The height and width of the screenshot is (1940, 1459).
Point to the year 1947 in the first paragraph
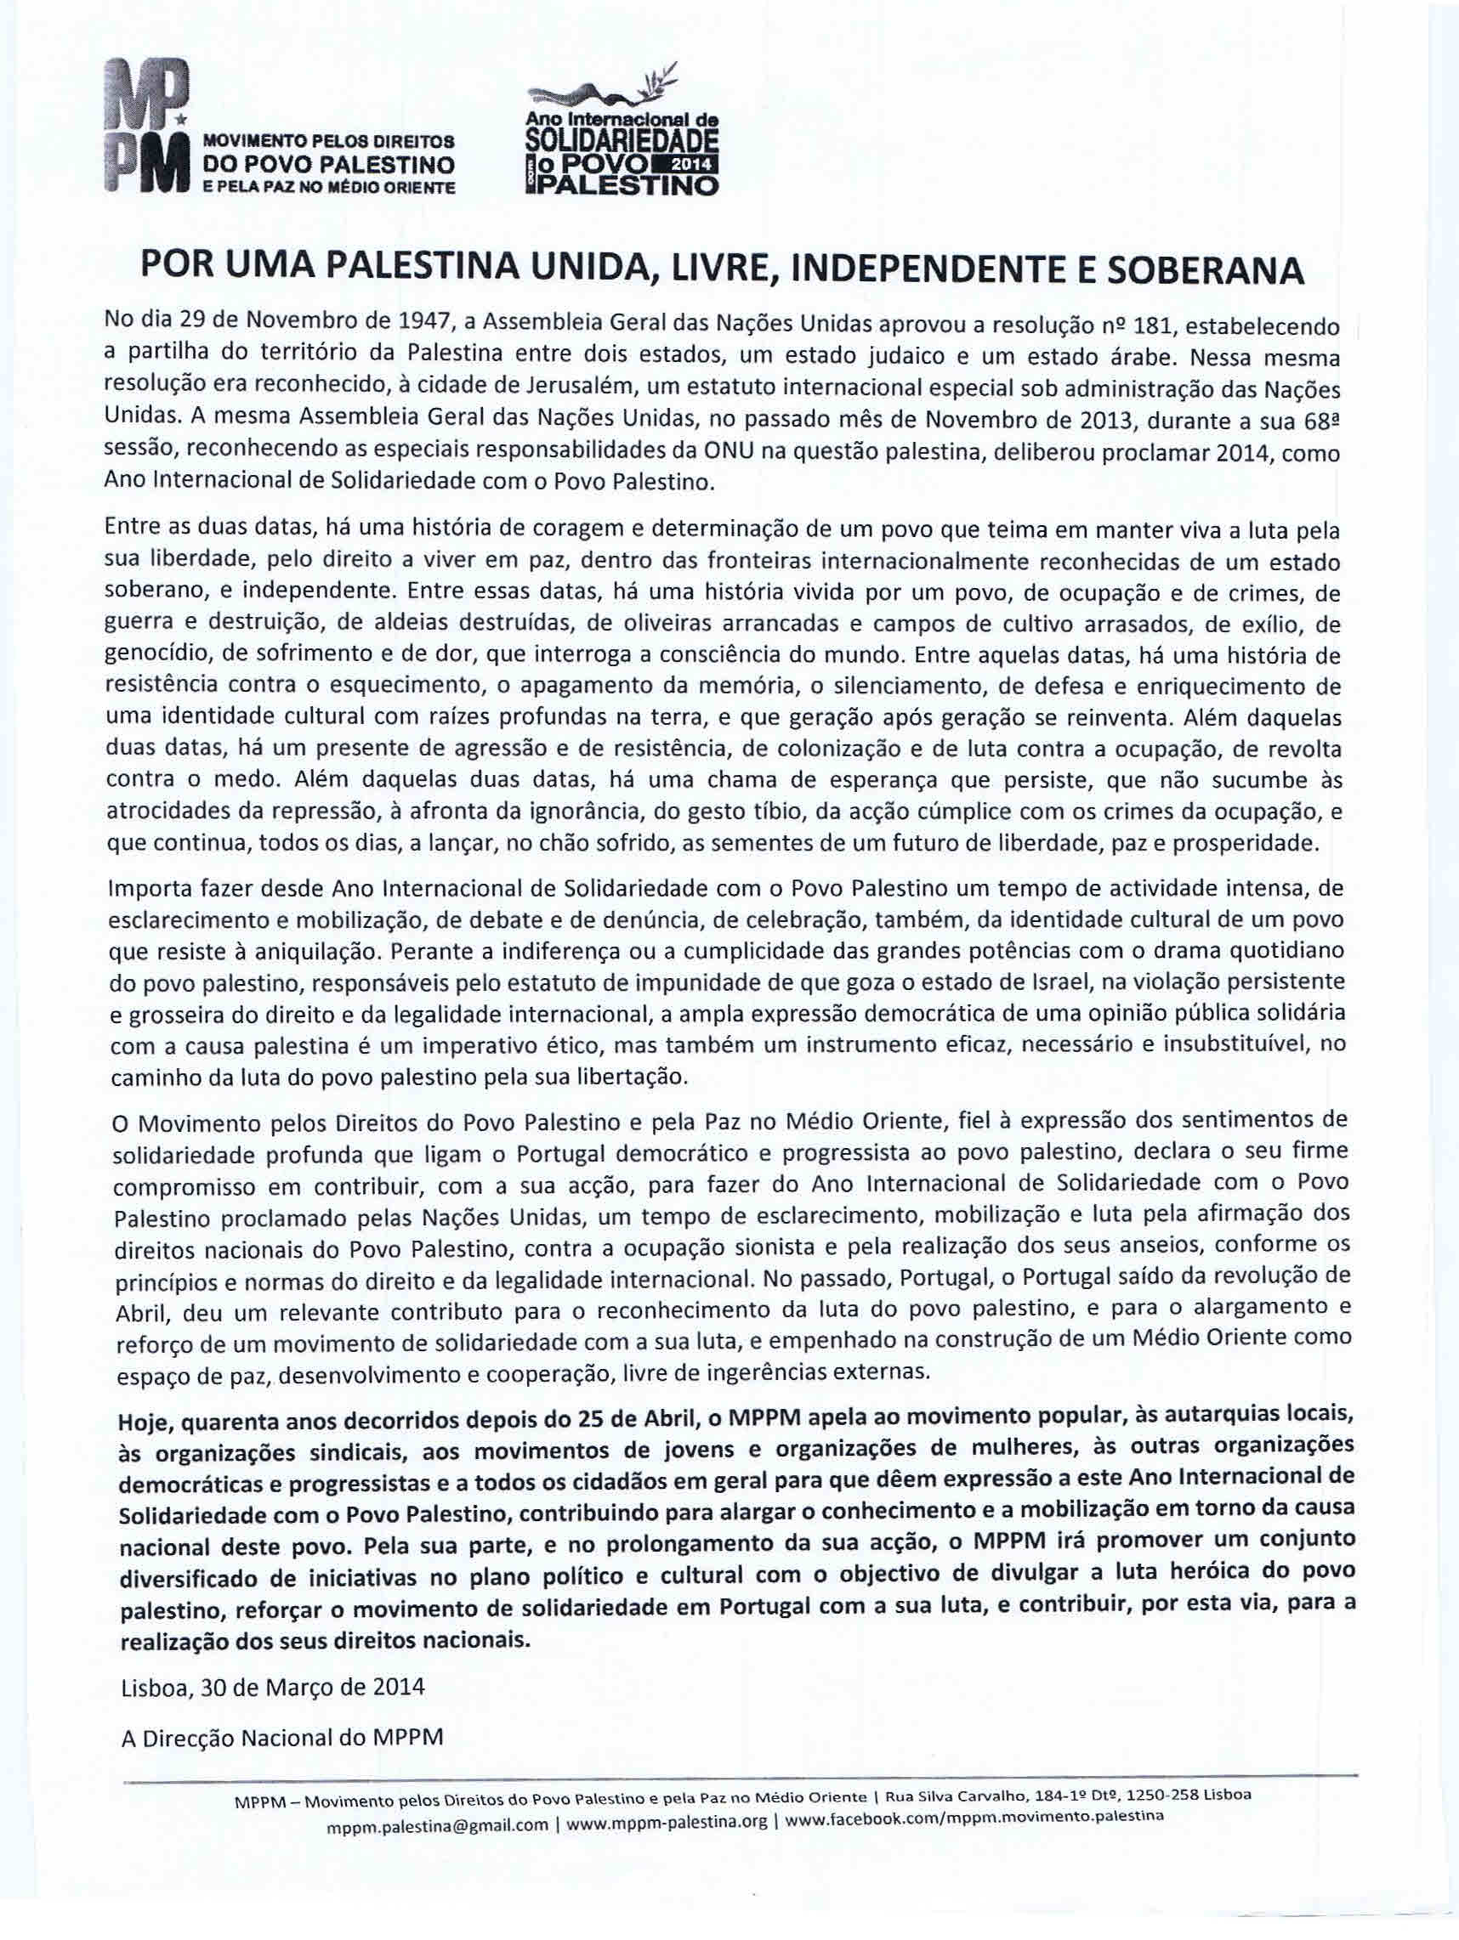pyautogui.click(x=424, y=326)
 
